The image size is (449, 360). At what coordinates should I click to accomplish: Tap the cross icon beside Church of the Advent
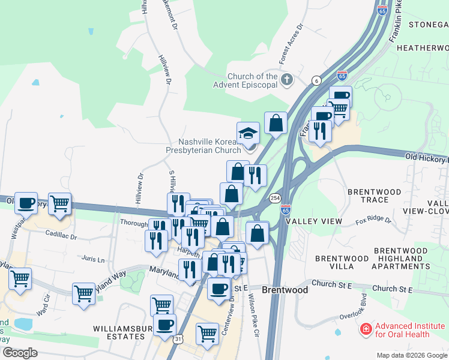click(287, 79)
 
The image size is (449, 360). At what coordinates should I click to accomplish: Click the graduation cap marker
click(248, 133)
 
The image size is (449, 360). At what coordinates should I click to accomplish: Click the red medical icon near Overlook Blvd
click(365, 329)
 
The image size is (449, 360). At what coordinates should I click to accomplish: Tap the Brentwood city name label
click(285, 290)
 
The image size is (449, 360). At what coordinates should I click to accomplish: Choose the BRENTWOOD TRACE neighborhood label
click(375, 196)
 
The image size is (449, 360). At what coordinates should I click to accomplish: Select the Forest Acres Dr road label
click(292, 45)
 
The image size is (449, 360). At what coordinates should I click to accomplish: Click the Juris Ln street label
click(92, 260)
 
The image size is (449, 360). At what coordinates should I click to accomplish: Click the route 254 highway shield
click(274, 198)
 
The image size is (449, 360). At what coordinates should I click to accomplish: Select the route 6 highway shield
click(316, 80)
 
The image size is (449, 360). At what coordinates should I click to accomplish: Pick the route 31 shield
click(178, 339)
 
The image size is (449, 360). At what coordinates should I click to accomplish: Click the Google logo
click(20, 353)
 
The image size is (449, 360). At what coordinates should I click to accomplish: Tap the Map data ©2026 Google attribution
click(411, 355)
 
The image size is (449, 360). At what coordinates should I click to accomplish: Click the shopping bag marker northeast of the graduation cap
click(276, 123)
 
